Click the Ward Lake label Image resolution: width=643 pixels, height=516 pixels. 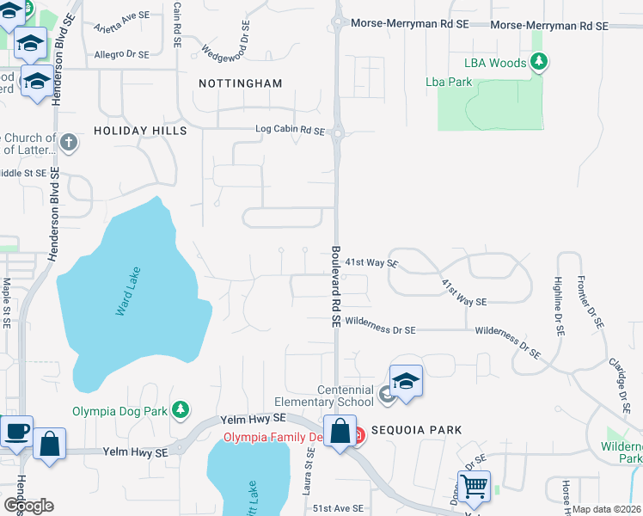tap(126, 292)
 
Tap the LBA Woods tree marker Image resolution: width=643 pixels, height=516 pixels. tap(539, 61)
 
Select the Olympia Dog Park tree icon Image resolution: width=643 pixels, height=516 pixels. tap(181, 410)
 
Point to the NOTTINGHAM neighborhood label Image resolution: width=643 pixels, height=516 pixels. tap(240, 83)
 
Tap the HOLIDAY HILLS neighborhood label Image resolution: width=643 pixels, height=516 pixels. tap(140, 131)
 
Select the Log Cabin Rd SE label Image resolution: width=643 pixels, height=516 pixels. tap(290, 131)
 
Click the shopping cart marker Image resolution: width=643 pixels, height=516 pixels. tap(474, 486)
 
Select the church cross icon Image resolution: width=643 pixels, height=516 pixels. tap(70, 139)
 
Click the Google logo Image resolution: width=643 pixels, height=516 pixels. tap(28, 505)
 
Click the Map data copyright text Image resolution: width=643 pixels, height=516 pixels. tap(607, 509)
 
